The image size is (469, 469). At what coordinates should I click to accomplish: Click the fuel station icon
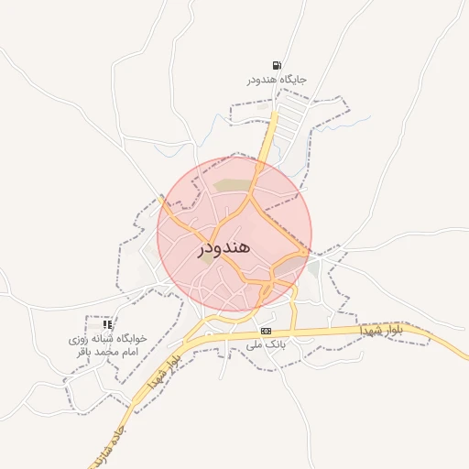click(x=278, y=65)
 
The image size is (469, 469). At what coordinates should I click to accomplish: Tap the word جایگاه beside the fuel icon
click(x=289, y=80)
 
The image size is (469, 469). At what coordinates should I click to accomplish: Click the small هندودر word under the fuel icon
click(x=260, y=80)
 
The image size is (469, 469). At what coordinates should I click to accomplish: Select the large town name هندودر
click(x=224, y=247)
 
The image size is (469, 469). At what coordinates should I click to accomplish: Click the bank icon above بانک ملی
click(x=267, y=331)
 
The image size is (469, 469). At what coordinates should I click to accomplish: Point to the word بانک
click(x=278, y=345)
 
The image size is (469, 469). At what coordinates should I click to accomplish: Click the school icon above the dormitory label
click(x=107, y=324)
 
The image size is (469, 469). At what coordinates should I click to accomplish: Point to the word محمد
click(x=104, y=353)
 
